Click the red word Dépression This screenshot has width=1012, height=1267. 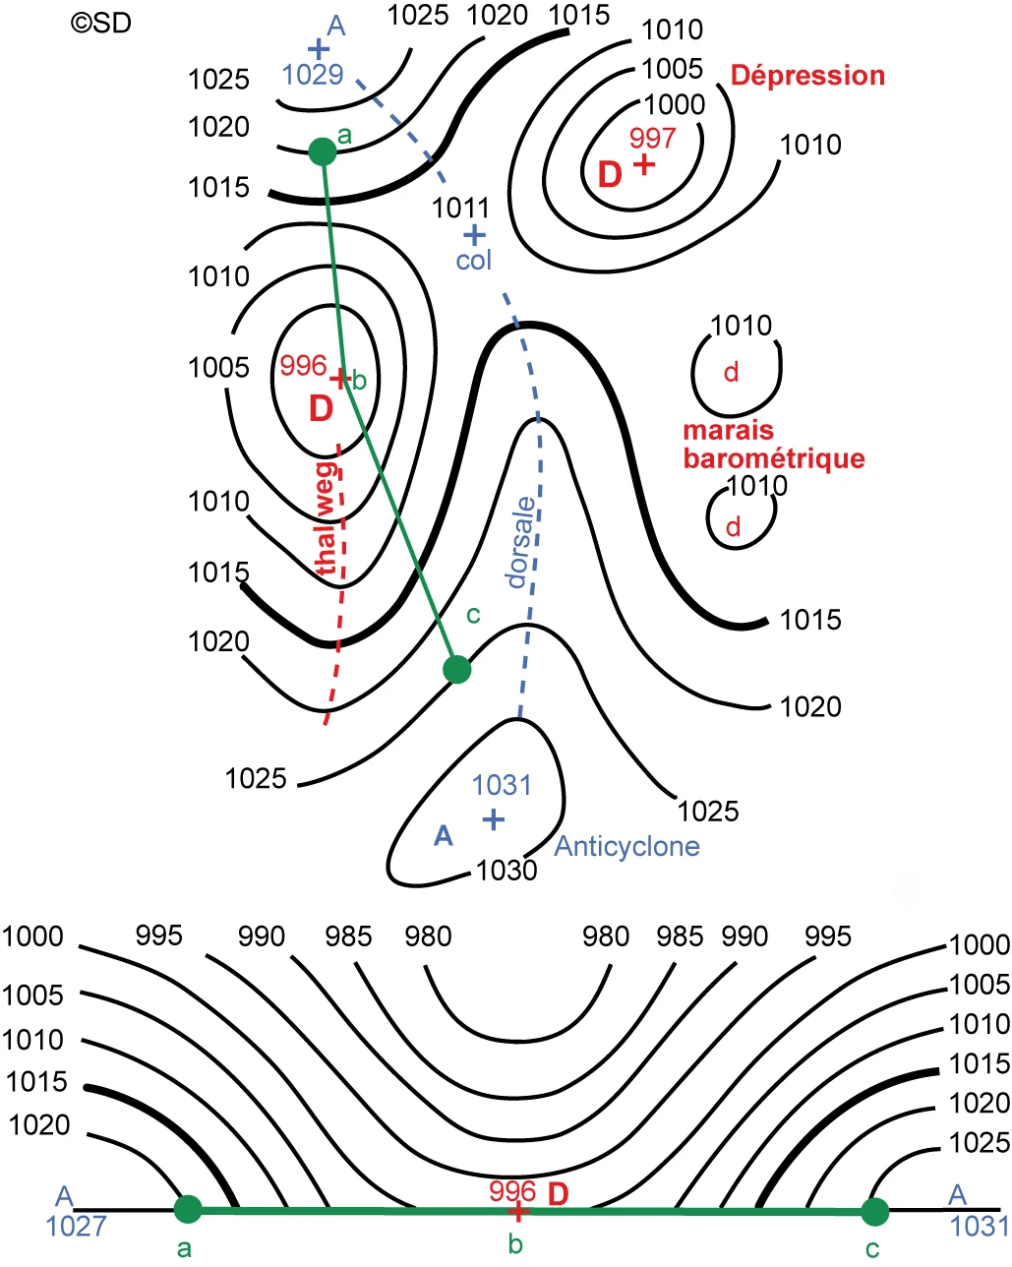[x=807, y=76]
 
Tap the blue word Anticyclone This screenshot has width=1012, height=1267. [x=627, y=847]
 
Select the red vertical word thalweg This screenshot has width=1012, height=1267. [x=326, y=517]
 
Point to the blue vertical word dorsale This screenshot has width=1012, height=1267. [x=521, y=542]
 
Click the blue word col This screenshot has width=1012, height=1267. [x=473, y=260]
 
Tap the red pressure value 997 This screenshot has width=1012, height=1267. [x=652, y=139]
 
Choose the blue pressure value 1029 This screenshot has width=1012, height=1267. [x=313, y=75]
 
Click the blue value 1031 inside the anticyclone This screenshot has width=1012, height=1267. [x=502, y=785]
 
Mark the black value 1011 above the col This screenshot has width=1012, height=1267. [x=460, y=208]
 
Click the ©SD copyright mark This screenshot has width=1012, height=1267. [x=100, y=23]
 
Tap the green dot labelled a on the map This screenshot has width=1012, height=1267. [x=323, y=151]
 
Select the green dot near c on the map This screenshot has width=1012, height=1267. [x=457, y=670]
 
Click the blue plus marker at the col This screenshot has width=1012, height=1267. [x=474, y=235]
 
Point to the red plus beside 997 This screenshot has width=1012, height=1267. [x=644, y=163]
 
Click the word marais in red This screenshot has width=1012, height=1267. [x=728, y=431]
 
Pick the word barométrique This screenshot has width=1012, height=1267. [x=774, y=458]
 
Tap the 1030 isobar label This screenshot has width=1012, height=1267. [x=506, y=871]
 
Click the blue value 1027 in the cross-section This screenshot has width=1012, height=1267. [x=76, y=1227]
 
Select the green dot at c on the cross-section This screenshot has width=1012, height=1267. [x=875, y=1212]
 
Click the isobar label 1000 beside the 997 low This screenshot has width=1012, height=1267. [x=674, y=105]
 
